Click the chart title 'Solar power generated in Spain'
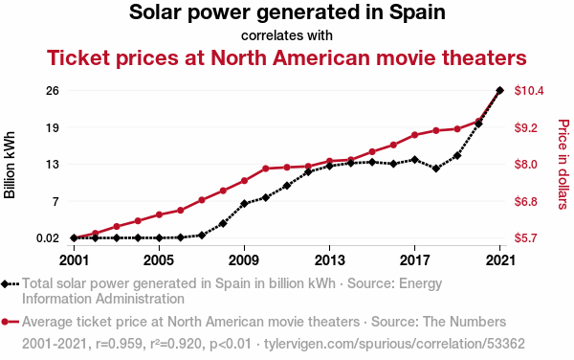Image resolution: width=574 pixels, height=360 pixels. [287, 12]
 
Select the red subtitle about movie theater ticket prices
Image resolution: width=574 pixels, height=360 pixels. [287, 57]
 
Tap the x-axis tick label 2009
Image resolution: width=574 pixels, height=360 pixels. [244, 260]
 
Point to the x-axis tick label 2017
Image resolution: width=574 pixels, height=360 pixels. [414, 260]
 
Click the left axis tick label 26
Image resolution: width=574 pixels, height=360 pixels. [52, 90]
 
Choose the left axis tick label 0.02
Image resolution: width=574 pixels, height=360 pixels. [48, 238]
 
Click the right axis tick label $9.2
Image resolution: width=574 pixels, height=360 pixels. [526, 127]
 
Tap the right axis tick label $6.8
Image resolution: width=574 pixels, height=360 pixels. [526, 201]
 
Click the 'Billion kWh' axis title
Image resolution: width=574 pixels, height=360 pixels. [10, 165]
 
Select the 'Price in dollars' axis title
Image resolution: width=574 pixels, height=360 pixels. [563, 164]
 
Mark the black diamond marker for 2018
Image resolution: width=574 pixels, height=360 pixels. [435, 169]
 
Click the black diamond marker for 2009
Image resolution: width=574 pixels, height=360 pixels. [244, 204]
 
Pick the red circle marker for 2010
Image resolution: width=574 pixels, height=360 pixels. [266, 169]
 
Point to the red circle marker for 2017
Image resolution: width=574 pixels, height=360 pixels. [414, 135]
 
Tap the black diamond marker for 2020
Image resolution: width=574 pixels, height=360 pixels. [478, 124]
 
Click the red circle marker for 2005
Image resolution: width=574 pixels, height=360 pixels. [159, 214]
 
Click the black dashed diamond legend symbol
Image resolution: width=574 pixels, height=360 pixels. [10, 284]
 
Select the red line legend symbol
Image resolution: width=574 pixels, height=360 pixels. [10, 322]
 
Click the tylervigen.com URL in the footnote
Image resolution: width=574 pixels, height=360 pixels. [394, 344]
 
